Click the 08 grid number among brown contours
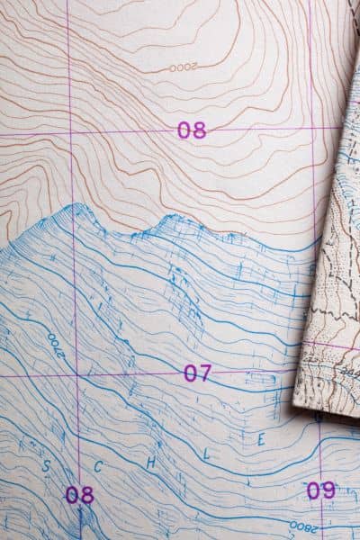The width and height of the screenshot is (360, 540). (x=191, y=130)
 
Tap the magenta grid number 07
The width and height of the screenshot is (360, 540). (x=197, y=373)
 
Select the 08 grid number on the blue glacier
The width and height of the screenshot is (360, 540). (x=79, y=494)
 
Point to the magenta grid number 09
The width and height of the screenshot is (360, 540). (x=320, y=490)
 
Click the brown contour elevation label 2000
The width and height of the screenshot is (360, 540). (x=182, y=67)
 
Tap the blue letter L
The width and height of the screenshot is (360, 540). (x=209, y=454)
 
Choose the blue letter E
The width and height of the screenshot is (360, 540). (x=261, y=440)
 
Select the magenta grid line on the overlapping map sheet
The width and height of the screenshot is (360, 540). (x=333, y=345)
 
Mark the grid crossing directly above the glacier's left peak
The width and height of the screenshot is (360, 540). (x=71, y=135)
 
